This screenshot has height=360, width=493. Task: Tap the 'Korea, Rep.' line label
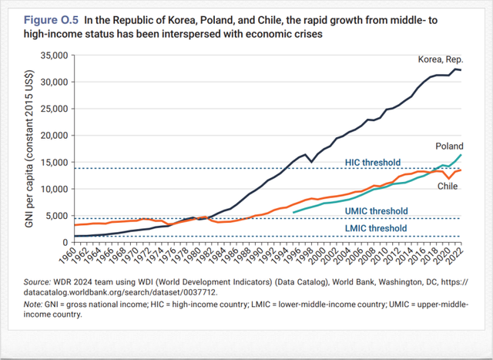pyautogui.click(x=441, y=59)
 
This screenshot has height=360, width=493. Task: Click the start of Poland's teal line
pyautogui.click(x=294, y=211)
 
